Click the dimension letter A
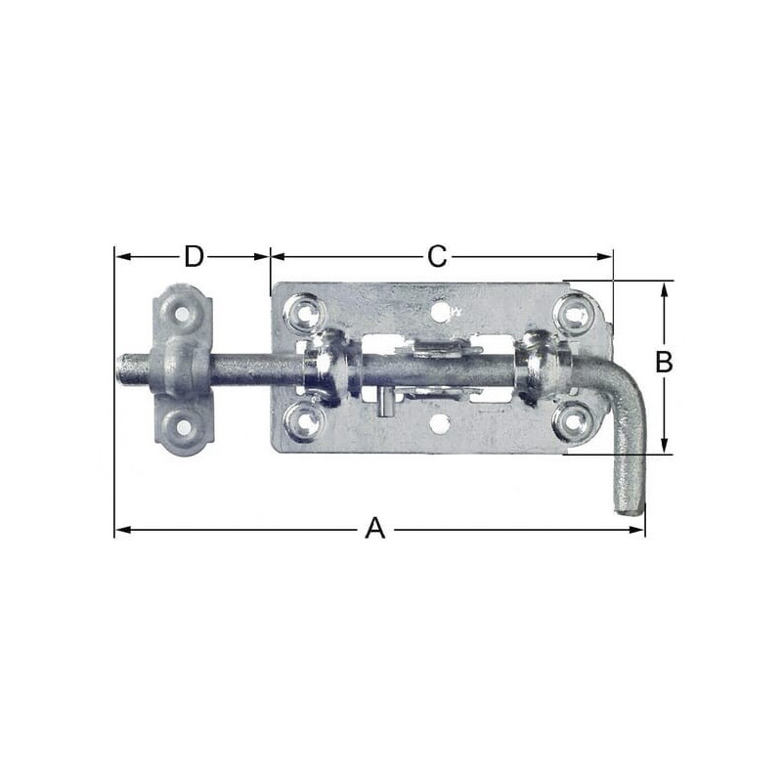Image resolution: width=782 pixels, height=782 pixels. (x=375, y=529)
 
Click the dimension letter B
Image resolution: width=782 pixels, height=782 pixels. (x=664, y=362)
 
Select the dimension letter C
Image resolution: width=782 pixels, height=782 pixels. (x=437, y=256)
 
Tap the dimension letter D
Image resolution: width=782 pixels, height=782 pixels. (x=194, y=256)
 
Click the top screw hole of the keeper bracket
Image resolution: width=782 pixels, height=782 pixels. (x=183, y=314)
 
